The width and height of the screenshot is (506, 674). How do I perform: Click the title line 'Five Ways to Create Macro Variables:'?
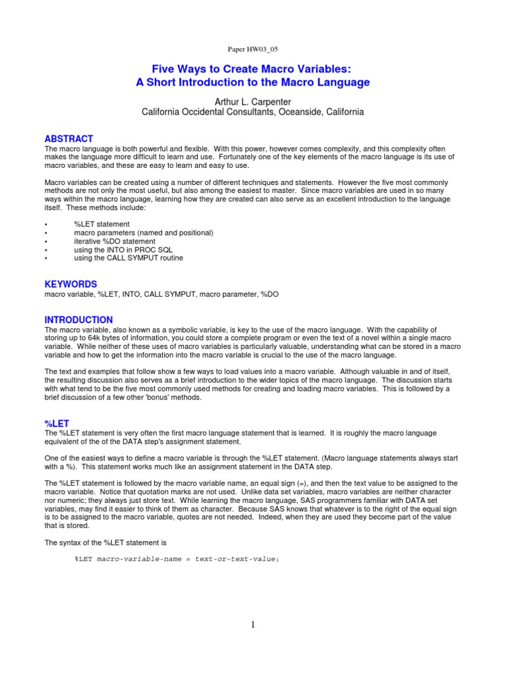point(253,68)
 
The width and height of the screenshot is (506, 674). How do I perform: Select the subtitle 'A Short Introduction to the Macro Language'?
point(253,82)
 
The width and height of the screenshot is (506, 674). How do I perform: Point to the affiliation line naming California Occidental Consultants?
point(253,112)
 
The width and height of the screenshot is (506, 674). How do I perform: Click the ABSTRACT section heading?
point(69,139)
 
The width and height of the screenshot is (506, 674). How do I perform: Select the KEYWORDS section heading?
point(70,284)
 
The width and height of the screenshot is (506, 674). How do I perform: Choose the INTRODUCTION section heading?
point(78,319)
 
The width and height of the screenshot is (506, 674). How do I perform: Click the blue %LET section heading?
point(57,422)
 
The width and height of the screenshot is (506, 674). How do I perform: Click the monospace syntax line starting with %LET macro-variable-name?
point(177,559)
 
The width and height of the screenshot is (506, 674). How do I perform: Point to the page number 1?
point(253,625)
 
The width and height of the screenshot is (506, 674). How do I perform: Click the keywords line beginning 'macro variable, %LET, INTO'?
point(161,294)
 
